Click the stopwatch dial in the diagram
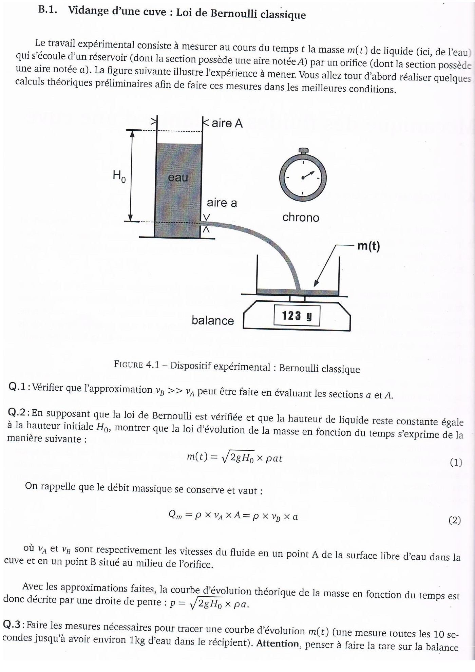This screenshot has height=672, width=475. pos(303,178)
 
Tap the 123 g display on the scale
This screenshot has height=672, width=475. pos(297,316)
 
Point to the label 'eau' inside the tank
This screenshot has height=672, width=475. pos(178,178)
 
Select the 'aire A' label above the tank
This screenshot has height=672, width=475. pos(227,123)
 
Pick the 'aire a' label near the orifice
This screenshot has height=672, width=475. pos(222,203)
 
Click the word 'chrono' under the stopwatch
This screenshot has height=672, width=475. pos(301,217)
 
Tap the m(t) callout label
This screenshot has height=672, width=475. pos(368,246)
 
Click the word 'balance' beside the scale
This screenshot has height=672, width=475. pos(213,320)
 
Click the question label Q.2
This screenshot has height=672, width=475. pos(17,412)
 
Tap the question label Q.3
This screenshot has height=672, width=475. pos(12,624)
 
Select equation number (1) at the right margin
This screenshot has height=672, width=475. pos(456,462)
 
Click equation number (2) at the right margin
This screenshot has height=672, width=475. pos(455,520)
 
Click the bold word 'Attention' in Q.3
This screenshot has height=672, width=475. pos(278,643)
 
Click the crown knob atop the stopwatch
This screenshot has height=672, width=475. pos(303,150)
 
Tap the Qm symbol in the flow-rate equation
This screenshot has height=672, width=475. pos(175,515)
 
